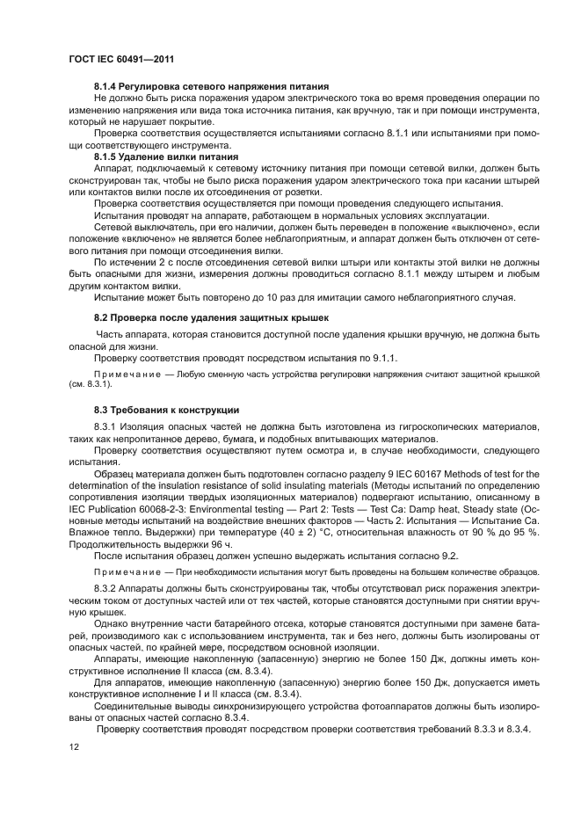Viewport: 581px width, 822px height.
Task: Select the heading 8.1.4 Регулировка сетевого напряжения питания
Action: [x=211, y=86]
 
